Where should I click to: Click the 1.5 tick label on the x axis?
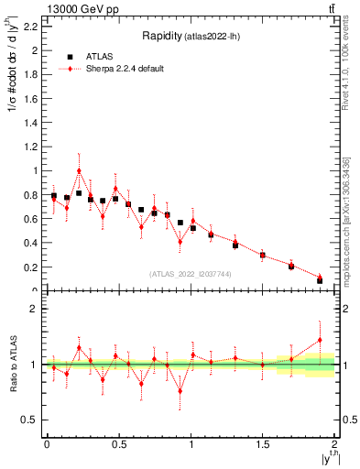[262, 444]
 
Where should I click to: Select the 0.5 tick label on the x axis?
[118, 444]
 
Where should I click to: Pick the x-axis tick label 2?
[334, 444]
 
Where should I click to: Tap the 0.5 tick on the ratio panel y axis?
[32, 420]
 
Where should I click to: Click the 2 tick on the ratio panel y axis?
[36, 309]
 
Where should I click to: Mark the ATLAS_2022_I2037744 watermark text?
[191, 273]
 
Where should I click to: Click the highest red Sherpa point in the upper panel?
[79, 170]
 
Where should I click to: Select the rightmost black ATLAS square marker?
[320, 280]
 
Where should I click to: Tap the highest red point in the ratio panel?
[320, 340]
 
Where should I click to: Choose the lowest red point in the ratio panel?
[180, 391]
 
